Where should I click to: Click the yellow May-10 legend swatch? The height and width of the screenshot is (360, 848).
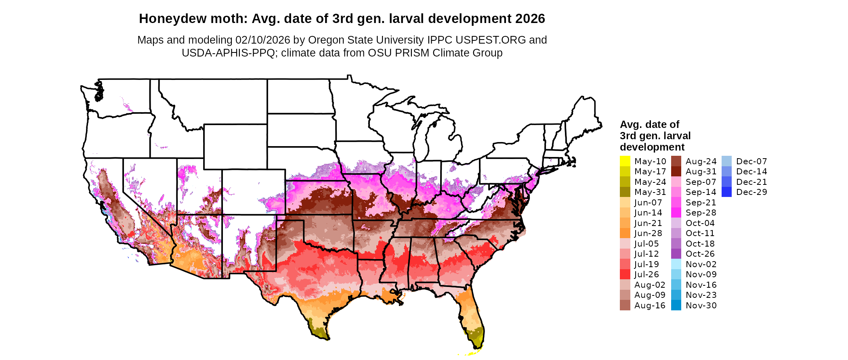coord(625,161)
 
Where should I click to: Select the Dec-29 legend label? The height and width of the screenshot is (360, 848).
coord(751,192)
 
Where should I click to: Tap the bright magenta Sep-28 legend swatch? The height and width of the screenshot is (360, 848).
coord(676,213)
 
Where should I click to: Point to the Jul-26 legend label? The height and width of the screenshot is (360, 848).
coord(646,274)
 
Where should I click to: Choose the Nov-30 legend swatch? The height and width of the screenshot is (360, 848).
coord(676,306)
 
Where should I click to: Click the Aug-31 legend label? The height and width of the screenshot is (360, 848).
coord(701,172)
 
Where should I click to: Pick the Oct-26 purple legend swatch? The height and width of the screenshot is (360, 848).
coord(676,254)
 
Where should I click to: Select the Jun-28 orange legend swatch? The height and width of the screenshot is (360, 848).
coord(625,233)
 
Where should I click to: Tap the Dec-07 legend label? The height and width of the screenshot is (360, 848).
coord(751,161)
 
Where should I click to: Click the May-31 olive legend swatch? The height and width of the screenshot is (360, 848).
coord(625,192)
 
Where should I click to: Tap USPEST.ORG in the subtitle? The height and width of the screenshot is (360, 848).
coord(491,40)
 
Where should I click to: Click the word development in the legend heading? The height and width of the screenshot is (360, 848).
coord(652,147)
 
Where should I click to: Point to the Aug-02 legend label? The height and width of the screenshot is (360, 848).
coord(650,285)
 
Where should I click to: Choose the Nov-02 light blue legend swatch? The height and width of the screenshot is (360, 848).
coord(676,264)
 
